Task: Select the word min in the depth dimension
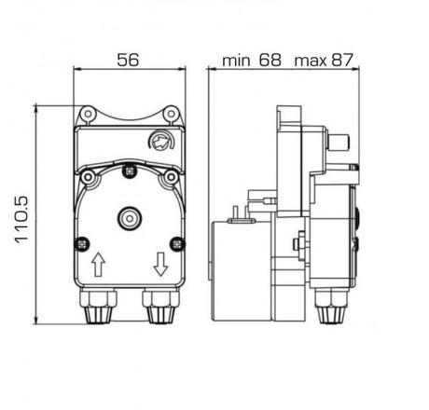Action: (x=237, y=61)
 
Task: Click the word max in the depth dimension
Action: (x=311, y=61)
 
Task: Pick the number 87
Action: (x=343, y=61)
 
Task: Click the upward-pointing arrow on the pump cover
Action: (x=98, y=266)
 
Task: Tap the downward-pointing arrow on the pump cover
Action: (x=159, y=266)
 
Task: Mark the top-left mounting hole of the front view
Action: (x=89, y=114)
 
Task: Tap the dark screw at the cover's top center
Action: (x=129, y=171)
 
